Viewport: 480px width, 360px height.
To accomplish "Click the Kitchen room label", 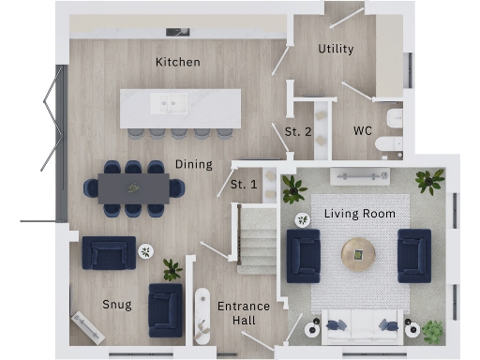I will (178, 62).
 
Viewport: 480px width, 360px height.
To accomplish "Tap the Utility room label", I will (336, 49).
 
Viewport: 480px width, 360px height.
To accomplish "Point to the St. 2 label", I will (298, 130).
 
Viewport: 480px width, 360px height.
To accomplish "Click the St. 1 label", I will (244, 185).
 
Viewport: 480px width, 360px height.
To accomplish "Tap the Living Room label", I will (360, 214).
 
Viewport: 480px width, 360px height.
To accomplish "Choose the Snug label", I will (116, 305).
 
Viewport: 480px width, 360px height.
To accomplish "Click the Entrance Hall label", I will (244, 313).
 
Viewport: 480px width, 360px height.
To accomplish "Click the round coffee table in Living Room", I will (358, 254).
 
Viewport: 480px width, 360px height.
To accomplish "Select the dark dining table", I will (133, 187).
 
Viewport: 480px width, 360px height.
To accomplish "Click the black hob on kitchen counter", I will (178, 31).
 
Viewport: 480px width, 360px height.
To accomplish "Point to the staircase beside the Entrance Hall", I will (255, 241).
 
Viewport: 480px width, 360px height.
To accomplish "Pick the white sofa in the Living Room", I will (360, 327).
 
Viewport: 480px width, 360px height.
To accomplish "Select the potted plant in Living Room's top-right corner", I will (431, 180).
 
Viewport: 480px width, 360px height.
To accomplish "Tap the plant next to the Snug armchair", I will (172, 270).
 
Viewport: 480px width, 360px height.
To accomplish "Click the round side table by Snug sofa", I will (146, 250).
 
